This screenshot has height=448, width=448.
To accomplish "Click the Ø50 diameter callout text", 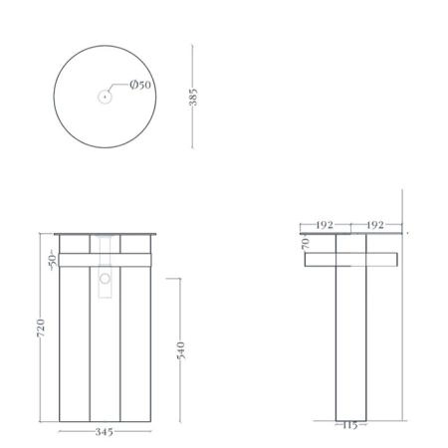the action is (140, 85).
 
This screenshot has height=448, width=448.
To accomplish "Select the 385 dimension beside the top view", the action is (193, 97).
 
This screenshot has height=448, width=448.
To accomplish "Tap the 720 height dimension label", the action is (41, 329).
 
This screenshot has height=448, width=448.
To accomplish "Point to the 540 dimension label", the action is (181, 350).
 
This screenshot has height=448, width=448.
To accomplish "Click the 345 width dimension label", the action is (105, 432).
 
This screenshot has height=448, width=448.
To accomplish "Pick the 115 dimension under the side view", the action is (349, 425).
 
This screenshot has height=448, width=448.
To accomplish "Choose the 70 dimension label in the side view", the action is (306, 243).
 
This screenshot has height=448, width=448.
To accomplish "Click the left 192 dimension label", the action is (325, 225).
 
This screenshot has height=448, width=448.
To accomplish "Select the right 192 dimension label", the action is (375, 225).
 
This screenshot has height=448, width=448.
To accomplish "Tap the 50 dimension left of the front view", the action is (52, 260).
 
